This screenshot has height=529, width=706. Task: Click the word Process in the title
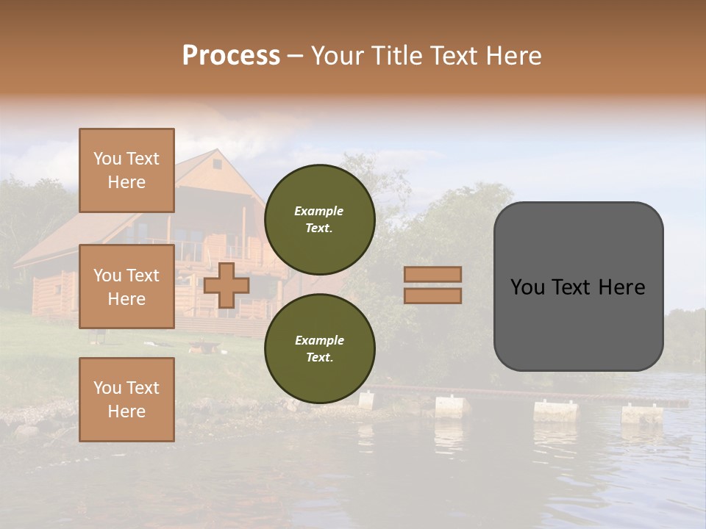pos(231,56)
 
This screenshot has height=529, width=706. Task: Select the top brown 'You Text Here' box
pos(126,170)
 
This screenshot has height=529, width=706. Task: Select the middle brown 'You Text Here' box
pos(126,287)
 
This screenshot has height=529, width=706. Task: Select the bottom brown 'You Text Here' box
pos(126,400)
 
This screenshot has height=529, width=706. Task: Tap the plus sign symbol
pos(227,285)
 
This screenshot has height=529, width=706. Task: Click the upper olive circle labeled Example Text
pos(319,220)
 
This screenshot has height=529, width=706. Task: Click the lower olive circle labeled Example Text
pos(319,348)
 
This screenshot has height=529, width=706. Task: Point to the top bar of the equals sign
pos(433,274)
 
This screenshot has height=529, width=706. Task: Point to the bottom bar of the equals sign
pos(433,295)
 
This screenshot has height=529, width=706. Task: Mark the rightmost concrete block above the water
pos(642,414)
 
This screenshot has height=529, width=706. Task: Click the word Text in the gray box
pos(577,287)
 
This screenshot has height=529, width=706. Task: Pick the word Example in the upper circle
pos(319,211)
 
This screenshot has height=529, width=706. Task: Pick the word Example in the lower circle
pos(319,340)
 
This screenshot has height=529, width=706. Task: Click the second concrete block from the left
pos(452,406)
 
